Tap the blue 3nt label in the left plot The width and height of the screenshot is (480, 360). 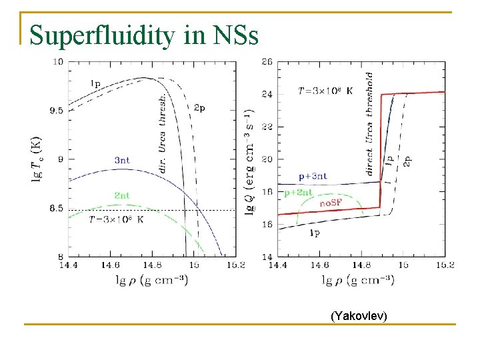pyautogui.click(x=122, y=160)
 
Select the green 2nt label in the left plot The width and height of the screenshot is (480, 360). pyautogui.click(x=122, y=195)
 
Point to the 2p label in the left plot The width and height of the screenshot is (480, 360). pyautogui.click(x=200, y=108)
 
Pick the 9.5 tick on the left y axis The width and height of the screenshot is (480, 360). pyautogui.click(x=57, y=111)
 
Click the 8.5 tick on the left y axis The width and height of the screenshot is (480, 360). pyautogui.click(x=57, y=209)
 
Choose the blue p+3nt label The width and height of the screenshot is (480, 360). pyautogui.click(x=312, y=177)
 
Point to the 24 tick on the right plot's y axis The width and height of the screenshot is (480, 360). pyautogui.click(x=267, y=95)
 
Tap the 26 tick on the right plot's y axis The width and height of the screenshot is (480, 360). pyautogui.click(x=267, y=62)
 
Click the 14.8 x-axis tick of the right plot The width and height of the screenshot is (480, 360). pyautogui.click(x=361, y=265)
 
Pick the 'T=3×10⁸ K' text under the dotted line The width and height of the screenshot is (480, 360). pyautogui.click(x=117, y=219)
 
